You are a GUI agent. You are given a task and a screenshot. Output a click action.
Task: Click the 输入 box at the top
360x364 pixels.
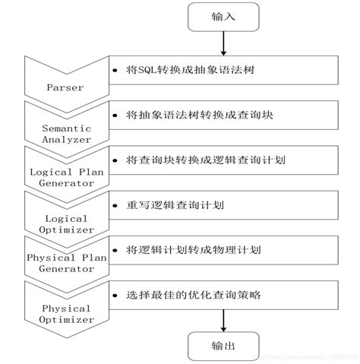[x=221, y=17]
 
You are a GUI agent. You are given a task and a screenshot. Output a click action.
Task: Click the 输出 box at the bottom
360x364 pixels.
[x=221, y=347]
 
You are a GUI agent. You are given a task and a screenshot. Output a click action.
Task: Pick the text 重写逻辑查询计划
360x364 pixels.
[x=169, y=205]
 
